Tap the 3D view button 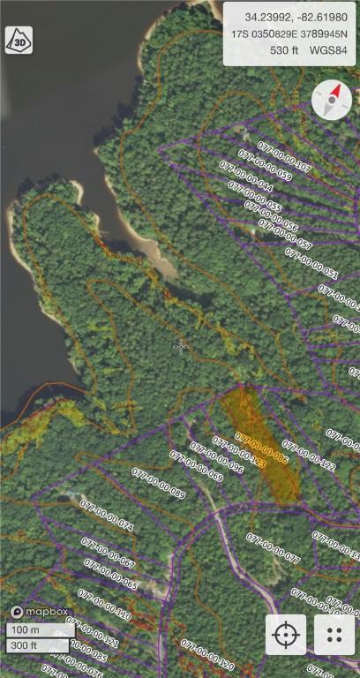click(19, 40)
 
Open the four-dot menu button click(334, 635)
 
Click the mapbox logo click(34, 611)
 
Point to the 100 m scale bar click(40, 630)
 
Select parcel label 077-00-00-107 click(284, 155)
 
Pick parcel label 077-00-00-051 click(311, 263)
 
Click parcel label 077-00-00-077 click(273, 548)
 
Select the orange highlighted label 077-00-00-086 click(262, 449)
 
